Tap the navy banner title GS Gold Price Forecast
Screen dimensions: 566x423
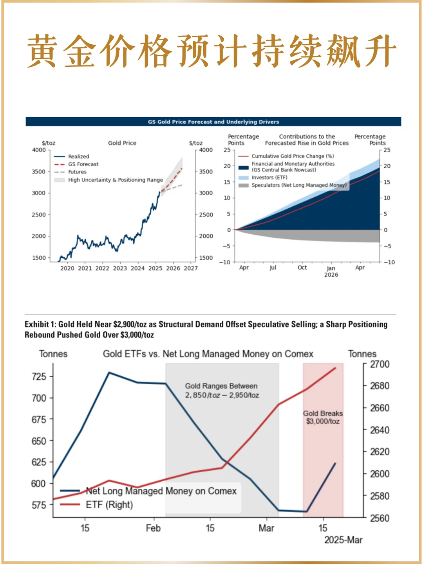pos(213,122)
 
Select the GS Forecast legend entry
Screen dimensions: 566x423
pos(83,164)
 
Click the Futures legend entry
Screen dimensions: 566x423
pos(77,172)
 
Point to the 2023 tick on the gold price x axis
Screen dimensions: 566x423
pos(120,268)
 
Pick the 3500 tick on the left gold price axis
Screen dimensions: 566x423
pos(39,171)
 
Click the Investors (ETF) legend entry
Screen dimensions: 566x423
pos(269,178)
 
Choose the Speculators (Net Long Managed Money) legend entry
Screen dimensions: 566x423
pos(299,185)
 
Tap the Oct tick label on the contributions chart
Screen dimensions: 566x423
pos(302,268)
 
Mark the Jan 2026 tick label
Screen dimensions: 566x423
pos(331,271)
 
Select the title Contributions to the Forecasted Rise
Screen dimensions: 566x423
pos(307,140)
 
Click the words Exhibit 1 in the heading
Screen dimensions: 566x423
pos(39,324)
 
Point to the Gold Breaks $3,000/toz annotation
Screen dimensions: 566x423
pos(323,417)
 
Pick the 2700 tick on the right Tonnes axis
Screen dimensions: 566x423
pos(380,364)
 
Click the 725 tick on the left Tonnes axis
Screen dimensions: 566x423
pos(39,377)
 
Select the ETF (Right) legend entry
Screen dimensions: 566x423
pos(109,505)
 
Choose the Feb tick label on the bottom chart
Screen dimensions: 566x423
pos(153,528)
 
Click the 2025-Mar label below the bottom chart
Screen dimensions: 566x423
pos(343,540)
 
